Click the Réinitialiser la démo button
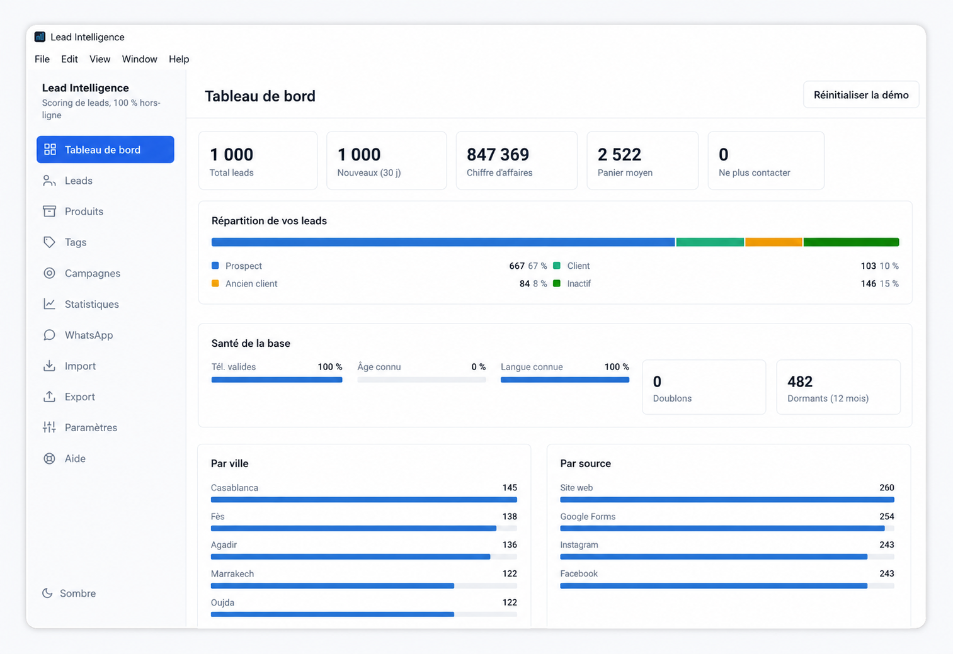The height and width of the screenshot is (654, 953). (860, 94)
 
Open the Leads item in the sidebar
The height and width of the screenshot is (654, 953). (78, 181)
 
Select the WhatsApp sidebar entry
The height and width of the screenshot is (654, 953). (88, 335)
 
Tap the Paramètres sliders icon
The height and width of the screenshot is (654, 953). (49, 427)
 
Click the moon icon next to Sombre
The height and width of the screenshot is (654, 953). (47, 593)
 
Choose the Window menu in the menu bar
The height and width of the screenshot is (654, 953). (140, 59)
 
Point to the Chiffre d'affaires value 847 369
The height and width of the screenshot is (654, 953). (498, 154)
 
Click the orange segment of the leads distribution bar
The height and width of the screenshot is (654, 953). (773, 242)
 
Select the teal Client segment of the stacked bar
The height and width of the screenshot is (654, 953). (710, 242)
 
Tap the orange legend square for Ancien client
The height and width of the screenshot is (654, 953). (215, 283)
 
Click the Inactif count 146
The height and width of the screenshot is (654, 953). (868, 284)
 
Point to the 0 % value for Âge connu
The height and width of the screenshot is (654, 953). (478, 366)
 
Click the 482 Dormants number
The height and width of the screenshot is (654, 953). (800, 381)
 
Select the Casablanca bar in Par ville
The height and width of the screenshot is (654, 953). (364, 500)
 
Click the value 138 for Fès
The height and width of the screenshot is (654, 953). (510, 516)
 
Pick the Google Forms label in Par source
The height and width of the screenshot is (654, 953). (588, 516)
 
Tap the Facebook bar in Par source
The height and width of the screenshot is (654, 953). (714, 585)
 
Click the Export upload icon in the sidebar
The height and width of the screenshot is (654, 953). (49, 397)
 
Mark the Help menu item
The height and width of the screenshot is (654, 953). (179, 59)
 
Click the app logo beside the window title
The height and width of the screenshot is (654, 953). (40, 37)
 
